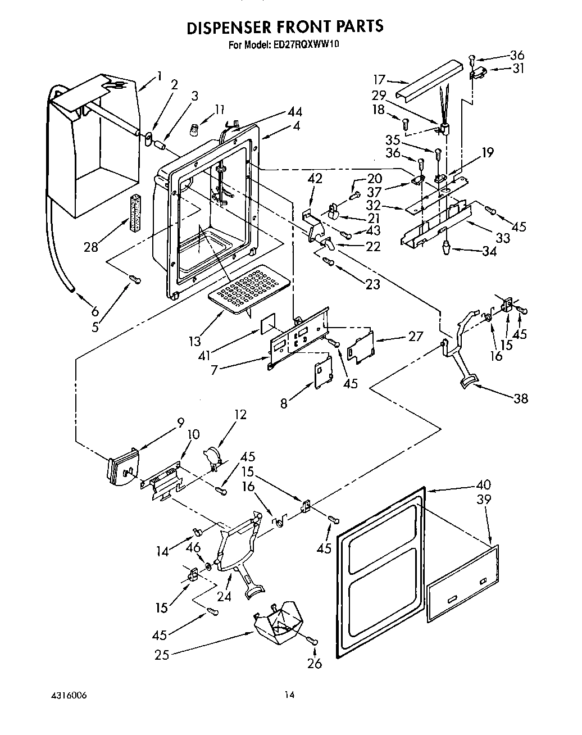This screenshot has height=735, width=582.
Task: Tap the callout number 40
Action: coord(483,484)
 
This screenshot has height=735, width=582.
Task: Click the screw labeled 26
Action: coord(313,641)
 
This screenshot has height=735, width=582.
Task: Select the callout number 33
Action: coord(502,237)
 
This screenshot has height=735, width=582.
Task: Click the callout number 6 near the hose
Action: coord(94,311)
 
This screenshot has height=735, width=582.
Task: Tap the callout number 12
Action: coord(240,415)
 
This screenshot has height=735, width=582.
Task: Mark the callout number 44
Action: coord(294,112)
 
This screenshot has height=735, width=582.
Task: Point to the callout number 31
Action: coord(517,69)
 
